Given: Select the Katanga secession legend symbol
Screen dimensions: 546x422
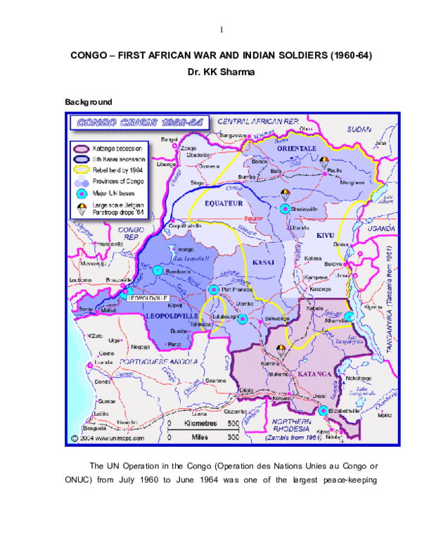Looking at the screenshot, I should pos(82,148).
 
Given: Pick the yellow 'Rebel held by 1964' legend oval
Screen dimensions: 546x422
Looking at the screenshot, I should pos(82,170).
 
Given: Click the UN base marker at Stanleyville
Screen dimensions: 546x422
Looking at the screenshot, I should pos(284,209).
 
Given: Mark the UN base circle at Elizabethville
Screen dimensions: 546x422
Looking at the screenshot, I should pos(322,411).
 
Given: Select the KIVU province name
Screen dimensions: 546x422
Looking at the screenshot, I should pos(325,235).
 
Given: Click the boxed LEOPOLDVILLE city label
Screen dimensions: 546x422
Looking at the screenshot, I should pos(150,298).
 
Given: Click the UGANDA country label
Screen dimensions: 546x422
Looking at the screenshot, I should pos(383,229).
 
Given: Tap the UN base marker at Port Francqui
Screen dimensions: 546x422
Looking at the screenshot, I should pos(213,289).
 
